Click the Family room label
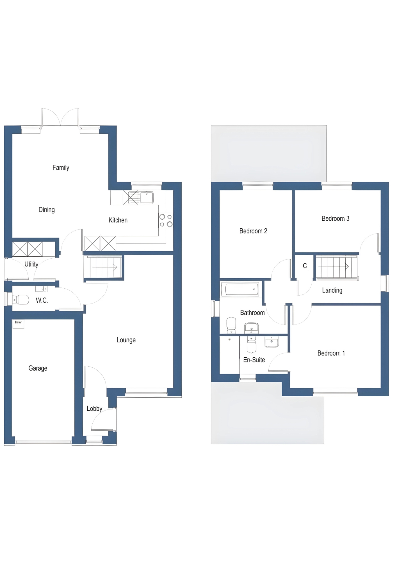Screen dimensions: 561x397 tap(61, 167)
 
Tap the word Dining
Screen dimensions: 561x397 tap(47, 210)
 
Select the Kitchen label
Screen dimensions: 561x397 tap(118, 220)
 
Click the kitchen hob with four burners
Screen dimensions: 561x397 tap(166, 220)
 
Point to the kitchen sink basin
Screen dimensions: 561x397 tap(147, 197)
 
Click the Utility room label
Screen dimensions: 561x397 tap(31, 264)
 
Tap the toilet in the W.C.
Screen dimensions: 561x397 tap(21, 300)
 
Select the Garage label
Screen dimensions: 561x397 tap(38, 368)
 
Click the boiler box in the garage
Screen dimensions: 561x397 tap(18, 323)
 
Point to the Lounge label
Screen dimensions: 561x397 tap(126, 340)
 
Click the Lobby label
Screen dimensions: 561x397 tap(94, 408)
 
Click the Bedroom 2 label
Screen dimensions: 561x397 tap(253, 231)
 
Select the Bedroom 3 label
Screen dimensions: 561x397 tap(335, 218)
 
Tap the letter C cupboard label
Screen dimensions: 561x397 tap(305, 266)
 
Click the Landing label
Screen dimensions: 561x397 tap(332, 290)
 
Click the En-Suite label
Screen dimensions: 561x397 tap(254, 360)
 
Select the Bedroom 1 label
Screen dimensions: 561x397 tap(331, 353)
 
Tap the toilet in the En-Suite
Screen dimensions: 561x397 tap(251, 345)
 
